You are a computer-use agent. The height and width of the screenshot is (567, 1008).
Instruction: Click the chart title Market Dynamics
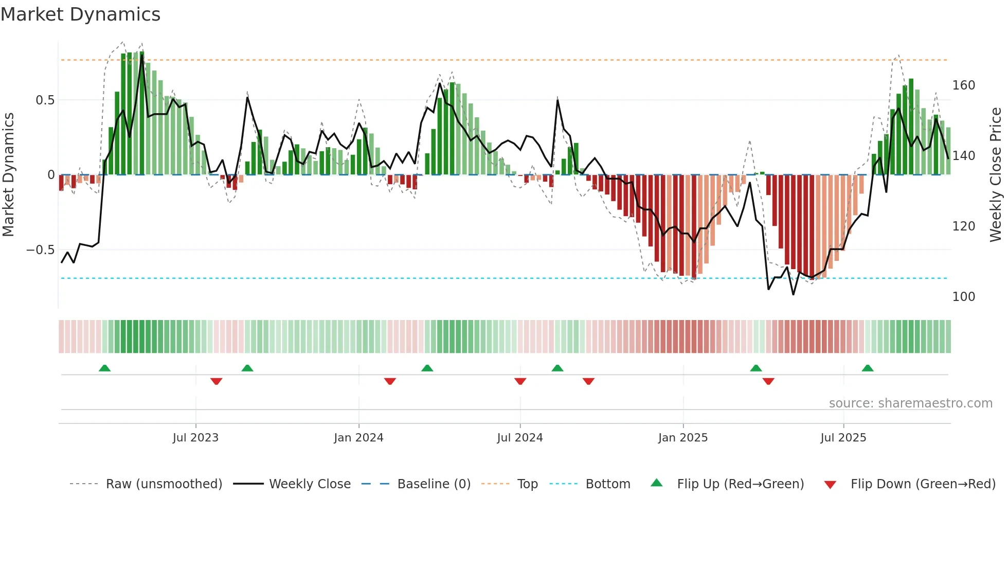point(80,14)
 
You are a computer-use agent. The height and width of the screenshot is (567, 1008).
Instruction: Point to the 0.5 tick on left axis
point(45,100)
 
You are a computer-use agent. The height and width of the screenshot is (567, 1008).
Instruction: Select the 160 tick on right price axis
point(963,85)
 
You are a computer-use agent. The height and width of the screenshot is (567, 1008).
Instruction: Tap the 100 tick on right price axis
point(963,297)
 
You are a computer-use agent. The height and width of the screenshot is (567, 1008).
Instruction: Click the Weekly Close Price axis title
point(996,174)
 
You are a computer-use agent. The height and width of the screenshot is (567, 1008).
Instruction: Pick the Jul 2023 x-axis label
point(195,438)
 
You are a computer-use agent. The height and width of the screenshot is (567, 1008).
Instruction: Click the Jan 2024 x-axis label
point(358,438)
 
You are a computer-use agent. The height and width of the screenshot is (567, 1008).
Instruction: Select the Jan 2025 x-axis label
point(682,438)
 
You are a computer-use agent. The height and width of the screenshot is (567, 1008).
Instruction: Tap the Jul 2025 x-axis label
point(843,438)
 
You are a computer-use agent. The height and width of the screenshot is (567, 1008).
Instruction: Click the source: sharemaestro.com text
point(910,403)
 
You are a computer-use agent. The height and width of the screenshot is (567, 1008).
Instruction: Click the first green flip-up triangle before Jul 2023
point(104,368)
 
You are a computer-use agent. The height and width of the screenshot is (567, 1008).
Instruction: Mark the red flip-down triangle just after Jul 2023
point(216,381)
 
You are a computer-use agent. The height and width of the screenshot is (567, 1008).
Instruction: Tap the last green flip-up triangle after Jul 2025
point(868,368)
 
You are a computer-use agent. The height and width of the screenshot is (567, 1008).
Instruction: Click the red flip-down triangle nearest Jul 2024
point(520,381)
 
